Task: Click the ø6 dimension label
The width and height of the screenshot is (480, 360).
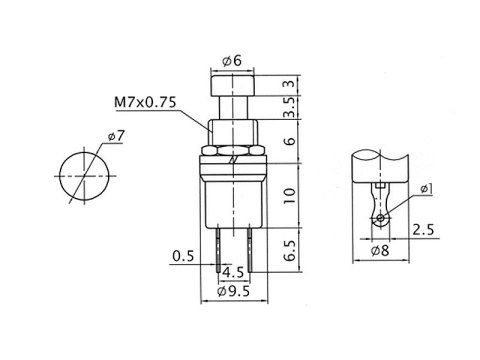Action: [232, 61]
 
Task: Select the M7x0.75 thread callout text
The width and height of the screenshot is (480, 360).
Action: [145, 102]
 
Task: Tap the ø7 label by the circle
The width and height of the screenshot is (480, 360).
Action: [116, 136]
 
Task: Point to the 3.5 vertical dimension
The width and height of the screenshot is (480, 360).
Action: [291, 107]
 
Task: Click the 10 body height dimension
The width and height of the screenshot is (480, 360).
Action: [289, 196]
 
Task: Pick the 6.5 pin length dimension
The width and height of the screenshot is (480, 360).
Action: [290, 250]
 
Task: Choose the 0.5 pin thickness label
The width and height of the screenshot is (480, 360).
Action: [183, 256]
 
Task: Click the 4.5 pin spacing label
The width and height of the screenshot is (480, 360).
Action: [233, 273]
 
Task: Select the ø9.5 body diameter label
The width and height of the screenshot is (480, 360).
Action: [233, 291]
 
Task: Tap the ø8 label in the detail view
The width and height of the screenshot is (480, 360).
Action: [380, 250]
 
